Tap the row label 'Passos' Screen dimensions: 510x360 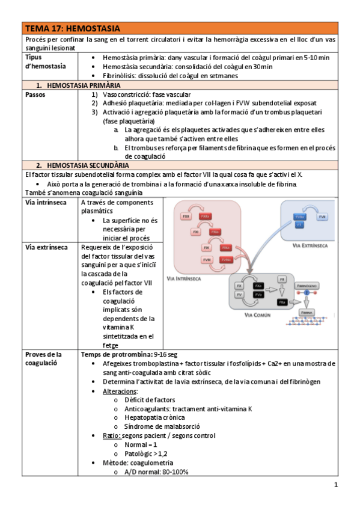(x=36, y=95)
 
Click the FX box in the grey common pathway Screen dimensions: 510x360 (x=240, y=286)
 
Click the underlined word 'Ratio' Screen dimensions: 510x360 (x=112, y=435)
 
